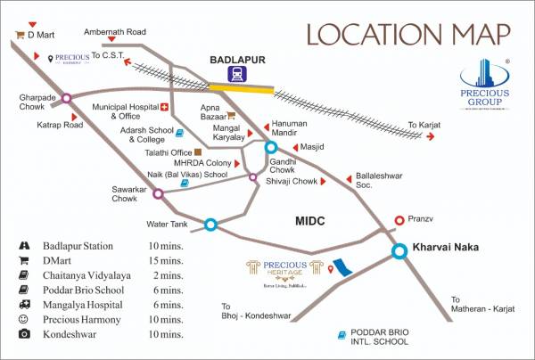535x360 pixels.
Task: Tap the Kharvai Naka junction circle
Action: (x=400, y=252)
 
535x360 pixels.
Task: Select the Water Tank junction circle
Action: (x=210, y=225)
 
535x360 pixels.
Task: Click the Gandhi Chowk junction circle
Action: (x=271, y=148)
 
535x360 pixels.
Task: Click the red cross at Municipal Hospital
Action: (x=164, y=106)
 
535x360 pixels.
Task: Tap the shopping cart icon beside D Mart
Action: (x=19, y=36)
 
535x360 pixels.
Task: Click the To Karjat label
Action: (x=424, y=125)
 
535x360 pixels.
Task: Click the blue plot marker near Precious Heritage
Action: (x=342, y=266)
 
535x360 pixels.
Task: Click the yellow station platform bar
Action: (x=242, y=88)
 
